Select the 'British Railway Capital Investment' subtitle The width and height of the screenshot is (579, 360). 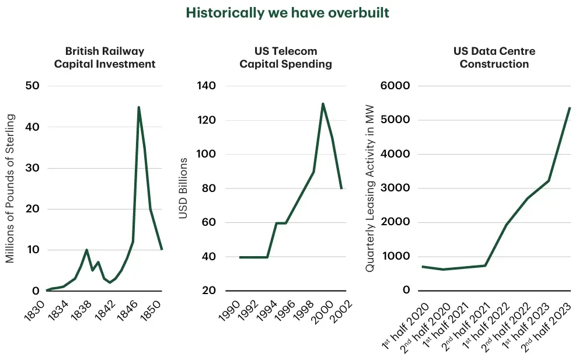coord(105,58)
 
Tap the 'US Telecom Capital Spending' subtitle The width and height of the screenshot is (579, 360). coord(285,58)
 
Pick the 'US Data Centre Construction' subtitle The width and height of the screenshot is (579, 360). coord(494,58)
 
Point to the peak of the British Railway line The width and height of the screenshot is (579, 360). coord(138,107)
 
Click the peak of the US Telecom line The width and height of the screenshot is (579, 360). coord(323,104)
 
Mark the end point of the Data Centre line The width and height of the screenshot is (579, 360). coord(570,108)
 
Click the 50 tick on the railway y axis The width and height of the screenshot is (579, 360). coord(32,86)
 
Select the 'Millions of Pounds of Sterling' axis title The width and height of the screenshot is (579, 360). coord(10,188)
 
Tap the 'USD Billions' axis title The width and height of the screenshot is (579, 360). coord(183,188)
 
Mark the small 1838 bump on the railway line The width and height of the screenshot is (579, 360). coord(86,250)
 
